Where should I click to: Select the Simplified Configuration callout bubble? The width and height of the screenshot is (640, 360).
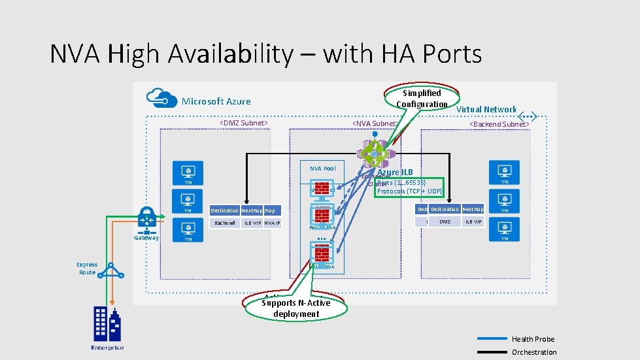coord(422,99)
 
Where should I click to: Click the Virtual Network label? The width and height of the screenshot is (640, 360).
coord(486,109)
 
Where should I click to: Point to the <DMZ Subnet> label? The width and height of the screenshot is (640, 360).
coord(243,123)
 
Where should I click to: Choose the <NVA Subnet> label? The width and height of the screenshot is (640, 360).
coord(375,123)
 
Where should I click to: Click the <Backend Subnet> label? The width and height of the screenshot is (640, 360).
coord(499,123)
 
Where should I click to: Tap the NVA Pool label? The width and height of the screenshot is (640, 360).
coord(322,169)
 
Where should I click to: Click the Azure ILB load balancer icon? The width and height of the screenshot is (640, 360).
coord(375,152)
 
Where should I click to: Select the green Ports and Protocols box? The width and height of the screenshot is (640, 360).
coord(410,187)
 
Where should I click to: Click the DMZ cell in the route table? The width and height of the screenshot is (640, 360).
coord(445,222)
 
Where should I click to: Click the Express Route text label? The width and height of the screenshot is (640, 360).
coord(86,269)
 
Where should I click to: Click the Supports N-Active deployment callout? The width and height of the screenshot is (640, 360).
coord(295,308)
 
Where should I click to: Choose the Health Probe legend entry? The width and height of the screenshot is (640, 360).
coord(533,339)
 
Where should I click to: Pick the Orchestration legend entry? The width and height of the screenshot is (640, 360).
coord(534,352)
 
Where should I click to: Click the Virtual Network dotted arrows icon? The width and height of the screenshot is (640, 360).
coord(527,117)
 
